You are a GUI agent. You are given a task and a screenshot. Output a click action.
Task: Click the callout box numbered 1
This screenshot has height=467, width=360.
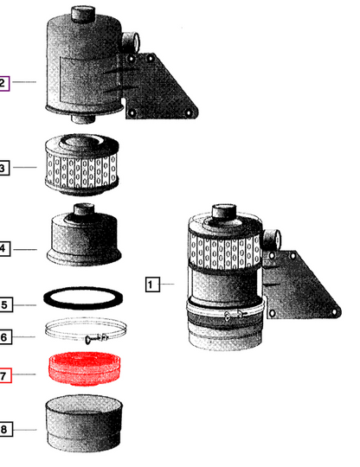(x=152, y=285)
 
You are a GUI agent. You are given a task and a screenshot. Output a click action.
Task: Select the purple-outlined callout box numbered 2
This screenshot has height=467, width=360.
(x=4, y=83)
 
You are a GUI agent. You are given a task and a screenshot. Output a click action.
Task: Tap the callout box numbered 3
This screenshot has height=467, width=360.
(x=4, y=168)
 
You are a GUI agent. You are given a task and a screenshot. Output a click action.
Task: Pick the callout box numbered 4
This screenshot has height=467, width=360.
(x=5, y=248)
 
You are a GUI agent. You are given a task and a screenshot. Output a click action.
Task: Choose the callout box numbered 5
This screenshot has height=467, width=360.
(x=6, y=304)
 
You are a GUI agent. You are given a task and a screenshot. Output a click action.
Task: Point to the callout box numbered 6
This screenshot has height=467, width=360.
(x=5, y=337)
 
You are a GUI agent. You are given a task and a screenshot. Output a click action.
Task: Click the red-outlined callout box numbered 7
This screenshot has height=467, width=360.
(x=5, y=375)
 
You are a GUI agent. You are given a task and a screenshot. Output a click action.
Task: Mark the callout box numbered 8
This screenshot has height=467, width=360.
(x=6, y=429)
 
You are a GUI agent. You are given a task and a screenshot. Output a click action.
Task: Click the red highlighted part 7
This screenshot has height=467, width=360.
(x=85, y=368)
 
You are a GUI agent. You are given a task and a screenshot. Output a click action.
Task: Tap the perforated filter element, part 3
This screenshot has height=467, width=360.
(x=82, y=164)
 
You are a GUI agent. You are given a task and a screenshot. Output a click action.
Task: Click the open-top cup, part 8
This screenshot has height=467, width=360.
(x=84, y=424)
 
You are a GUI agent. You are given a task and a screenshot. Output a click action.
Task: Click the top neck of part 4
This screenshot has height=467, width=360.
(x=84, y=209)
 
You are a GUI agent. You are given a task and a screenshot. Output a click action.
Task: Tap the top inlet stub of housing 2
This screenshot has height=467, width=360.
(x=83, y=13)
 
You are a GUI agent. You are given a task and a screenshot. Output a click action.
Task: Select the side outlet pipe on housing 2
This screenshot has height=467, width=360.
(x=131, y=42)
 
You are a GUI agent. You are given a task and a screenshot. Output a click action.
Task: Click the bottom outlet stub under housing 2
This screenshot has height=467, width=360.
(x=83, y=118)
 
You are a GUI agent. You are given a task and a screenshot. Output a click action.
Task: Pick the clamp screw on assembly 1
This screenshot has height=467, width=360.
(x=236, y=315)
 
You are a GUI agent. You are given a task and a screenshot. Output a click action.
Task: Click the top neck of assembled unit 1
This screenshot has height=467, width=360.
(x=224, y=211)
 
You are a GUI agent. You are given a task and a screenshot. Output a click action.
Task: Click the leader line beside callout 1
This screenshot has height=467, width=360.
(x=167, y=285)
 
